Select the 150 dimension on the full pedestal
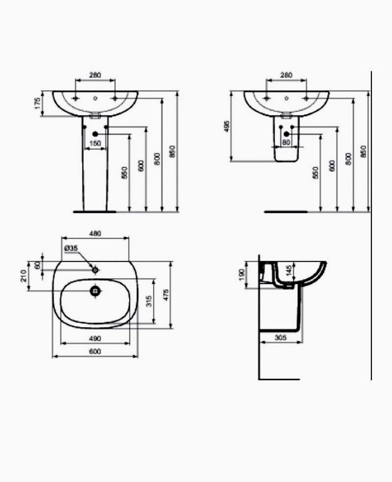click(x=95, y=144)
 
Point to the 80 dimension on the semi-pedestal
click(x=286, y=142)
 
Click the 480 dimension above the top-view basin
click(x=95, y=233)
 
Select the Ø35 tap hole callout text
click(x=71, y=248)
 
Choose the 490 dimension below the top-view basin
click(x=95, y=338)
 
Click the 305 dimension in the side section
click(x=281, y=338)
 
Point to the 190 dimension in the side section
click(x=242, y=274)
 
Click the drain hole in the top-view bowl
click(x=95, y=290)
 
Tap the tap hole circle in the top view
click(x=95, y=270)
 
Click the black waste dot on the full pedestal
click(x=95, y=134)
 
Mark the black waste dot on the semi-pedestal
click(x=286, y=134)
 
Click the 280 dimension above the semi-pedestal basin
click(x=286, y=75)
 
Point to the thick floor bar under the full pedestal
click(x=95, y=212)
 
